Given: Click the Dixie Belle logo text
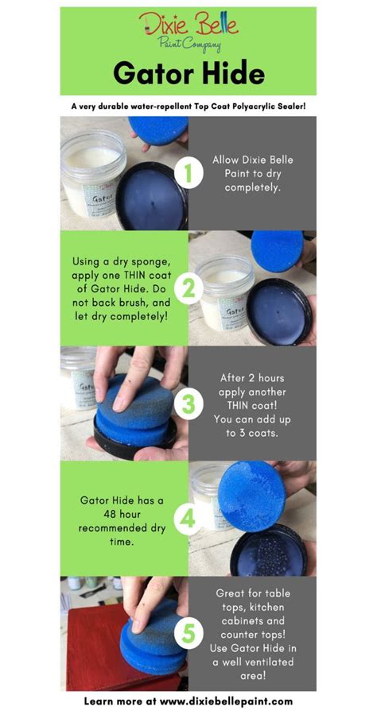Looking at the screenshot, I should [x=188, y=25].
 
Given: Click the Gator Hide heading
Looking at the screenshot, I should [x=188, y=74].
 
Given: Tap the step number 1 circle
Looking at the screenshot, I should [x=188, y=173].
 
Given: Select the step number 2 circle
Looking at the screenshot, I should [x=188, y=288].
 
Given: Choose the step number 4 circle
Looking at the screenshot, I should [x=188, y=519].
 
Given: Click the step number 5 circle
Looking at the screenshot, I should [x=188, y=634].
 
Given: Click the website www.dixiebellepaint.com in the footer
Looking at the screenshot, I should [x=226, y=701].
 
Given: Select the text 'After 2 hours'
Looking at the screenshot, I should [x=252, y=378].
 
